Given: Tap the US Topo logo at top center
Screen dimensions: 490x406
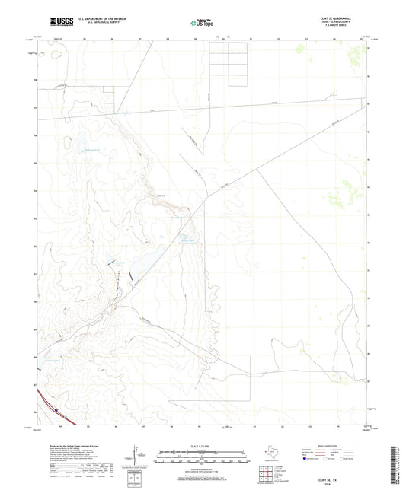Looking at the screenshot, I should (202, 24).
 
